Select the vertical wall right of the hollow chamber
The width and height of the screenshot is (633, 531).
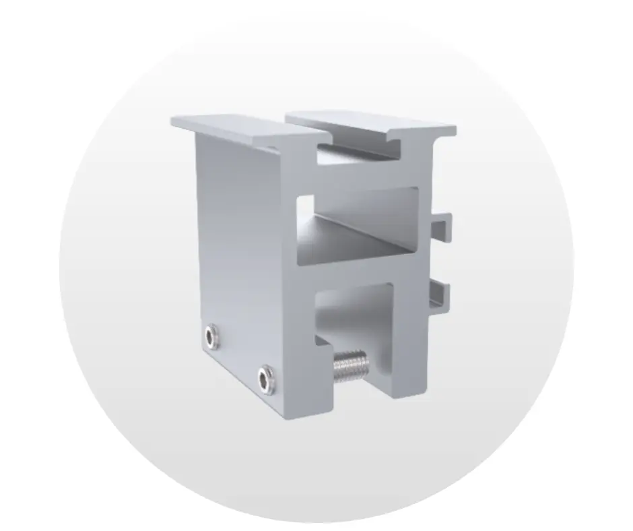click(x=421, y=222)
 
